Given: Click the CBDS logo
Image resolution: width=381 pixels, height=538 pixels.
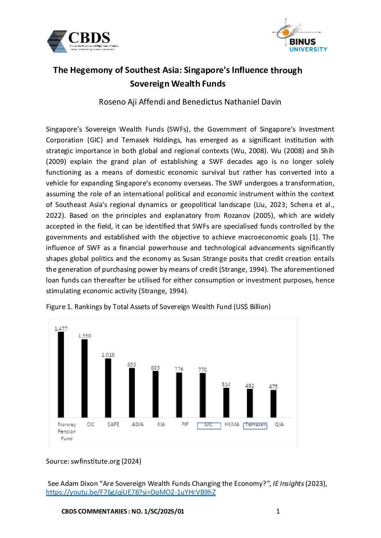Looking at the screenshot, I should pos(83,41).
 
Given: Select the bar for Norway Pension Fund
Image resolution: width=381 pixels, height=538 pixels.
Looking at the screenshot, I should pos(61,374).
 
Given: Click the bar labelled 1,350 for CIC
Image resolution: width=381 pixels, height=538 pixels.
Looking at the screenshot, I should pos(84,378).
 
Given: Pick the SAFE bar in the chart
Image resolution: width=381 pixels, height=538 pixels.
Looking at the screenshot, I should pos(108,388).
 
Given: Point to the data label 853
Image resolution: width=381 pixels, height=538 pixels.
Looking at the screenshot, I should pos(132,364).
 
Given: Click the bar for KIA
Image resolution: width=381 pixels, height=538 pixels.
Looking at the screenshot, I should pos(155,394).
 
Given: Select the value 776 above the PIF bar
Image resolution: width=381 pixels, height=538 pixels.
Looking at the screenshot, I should pos(179,369).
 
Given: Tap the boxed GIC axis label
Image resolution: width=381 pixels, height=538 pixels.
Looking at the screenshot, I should pos(209,425).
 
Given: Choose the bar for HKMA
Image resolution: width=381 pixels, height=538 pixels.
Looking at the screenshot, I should pos(226,403).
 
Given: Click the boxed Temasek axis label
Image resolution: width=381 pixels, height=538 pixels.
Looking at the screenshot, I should pos(255,425).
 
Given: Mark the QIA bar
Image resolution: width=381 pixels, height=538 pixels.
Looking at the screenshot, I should pos(274,404).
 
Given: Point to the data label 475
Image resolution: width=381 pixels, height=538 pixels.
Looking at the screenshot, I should pos(273,386).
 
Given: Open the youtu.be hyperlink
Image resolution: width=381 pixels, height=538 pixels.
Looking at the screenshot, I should pos(130,492).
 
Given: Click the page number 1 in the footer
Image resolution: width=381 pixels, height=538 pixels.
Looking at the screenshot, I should pos(278,511).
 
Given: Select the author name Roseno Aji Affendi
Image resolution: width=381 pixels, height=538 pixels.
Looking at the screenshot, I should pos(132,102).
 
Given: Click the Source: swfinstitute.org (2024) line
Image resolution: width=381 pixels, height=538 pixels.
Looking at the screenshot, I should pos(93,461).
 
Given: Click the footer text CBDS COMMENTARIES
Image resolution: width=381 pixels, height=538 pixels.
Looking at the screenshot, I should pos(94,511).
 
